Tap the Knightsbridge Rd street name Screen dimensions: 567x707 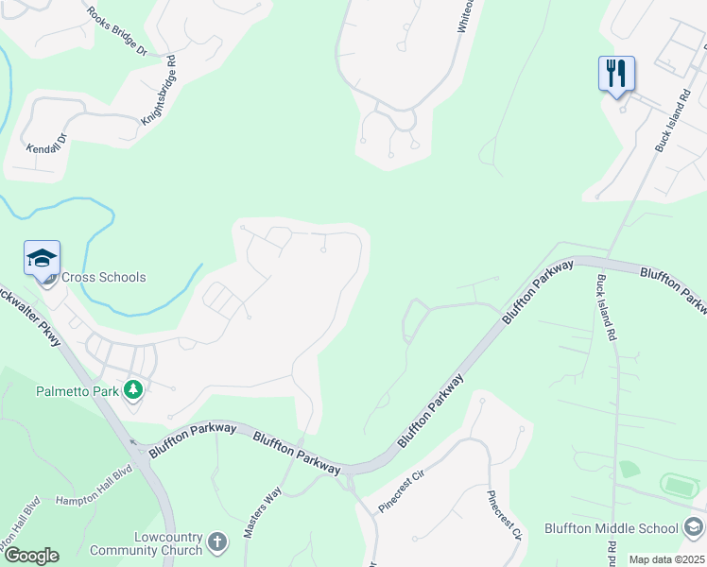coord(159,91)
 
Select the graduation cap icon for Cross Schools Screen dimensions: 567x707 coord(42,258)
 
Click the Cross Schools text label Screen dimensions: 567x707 coord(104,278)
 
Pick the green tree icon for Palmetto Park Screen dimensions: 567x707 coord(133,389)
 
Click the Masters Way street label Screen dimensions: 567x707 coord(262,512)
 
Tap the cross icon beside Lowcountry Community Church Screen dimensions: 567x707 coord(217,542)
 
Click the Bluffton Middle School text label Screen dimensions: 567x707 coord(612,528)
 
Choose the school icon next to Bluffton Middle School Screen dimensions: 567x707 coord(694,527)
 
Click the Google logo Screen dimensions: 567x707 coord(31,556)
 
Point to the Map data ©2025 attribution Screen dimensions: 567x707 coord(665,559)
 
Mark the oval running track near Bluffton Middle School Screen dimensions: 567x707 coord(676,486)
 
